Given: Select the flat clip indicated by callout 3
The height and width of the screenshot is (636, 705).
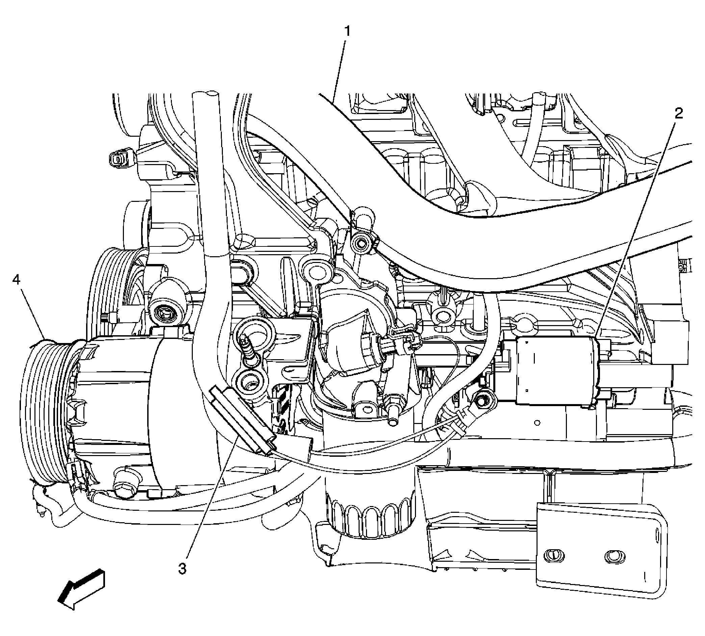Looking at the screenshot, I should click(x=241, y=419).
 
